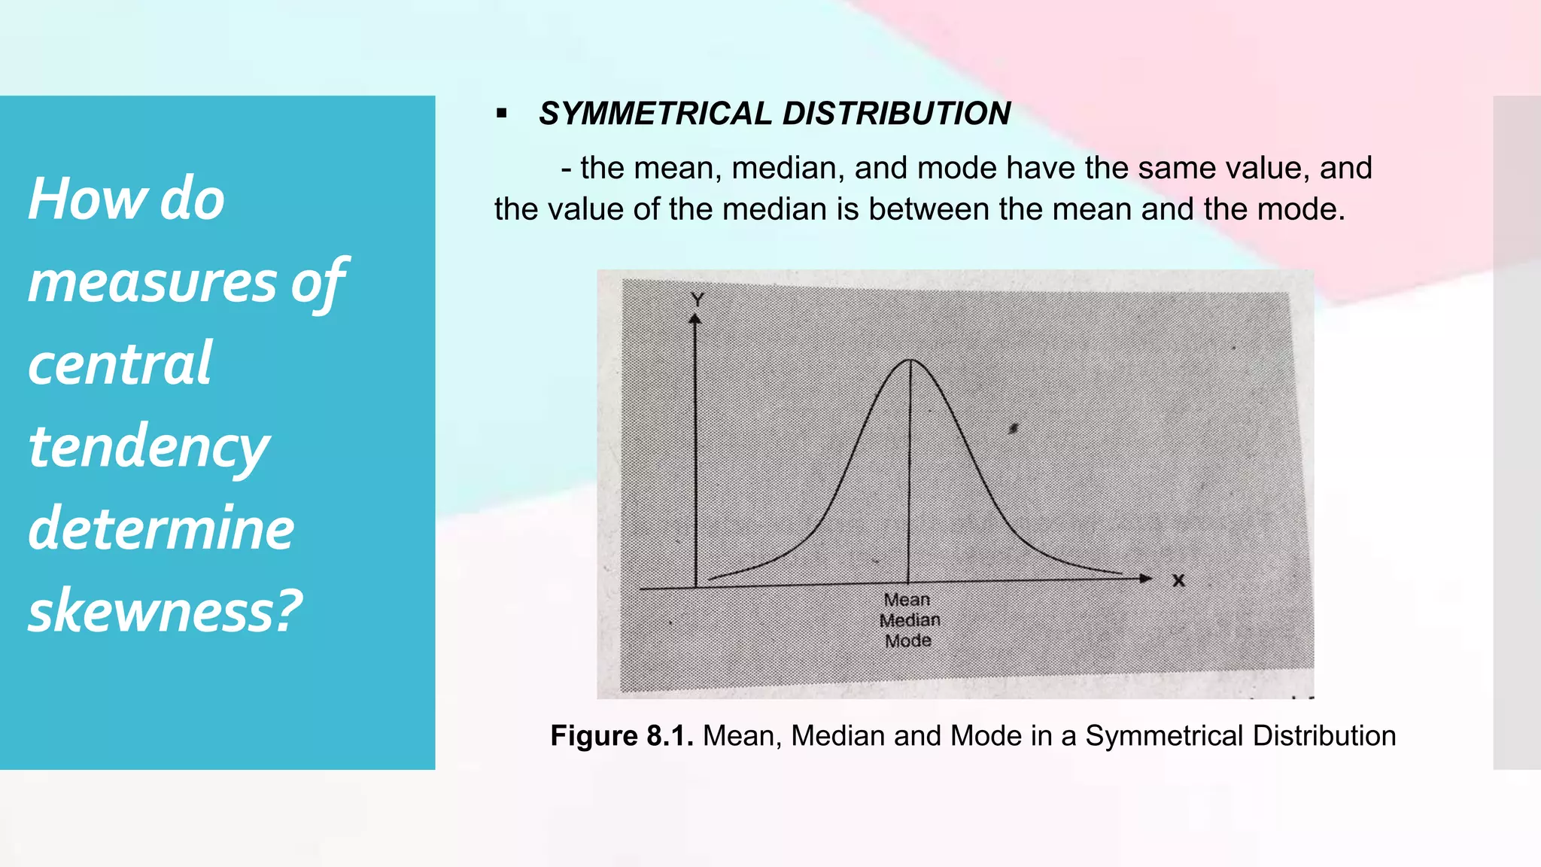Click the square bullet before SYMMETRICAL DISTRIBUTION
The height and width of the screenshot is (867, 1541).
click(x=502, y=114)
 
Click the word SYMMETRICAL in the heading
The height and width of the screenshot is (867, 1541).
click(x=655, y=114)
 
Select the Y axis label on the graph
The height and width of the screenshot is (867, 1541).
click(x=697, y=300)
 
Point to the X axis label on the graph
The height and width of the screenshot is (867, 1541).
click(x=1178, y=580)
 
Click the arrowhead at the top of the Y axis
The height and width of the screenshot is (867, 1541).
click(x=695, y=320)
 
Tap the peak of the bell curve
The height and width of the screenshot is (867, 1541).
click(x=910, y=360)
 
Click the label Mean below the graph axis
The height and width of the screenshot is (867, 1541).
click(x=907, y=600)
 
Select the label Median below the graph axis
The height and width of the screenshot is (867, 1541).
click(x=910, y=620)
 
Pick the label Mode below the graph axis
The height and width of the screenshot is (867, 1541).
click(x=908, y=641)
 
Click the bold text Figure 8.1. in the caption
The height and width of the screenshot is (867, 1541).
click(x=622, y=736)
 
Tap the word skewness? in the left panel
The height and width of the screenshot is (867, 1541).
click(x=165, y=610)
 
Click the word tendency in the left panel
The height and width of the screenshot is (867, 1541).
click(x=148, y=446)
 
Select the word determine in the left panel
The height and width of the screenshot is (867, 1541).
click(x=161, y=528)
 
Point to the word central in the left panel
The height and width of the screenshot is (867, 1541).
click(x=120, y=364)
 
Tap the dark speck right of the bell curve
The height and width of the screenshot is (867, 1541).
click(x=1014, y=428)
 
